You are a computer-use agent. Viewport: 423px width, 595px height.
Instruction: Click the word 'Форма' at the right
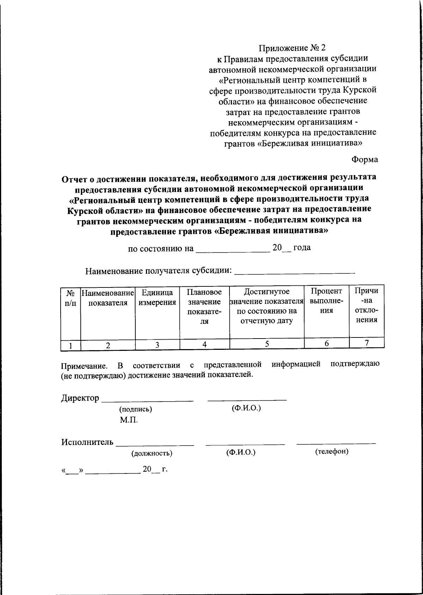pyautogui.click(x=364, y=159)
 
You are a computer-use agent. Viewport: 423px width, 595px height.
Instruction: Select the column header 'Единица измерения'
pyautogui.click(x=157, y=297)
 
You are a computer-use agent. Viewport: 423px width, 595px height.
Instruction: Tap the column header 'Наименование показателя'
pyautogui.click(x=108, y=297)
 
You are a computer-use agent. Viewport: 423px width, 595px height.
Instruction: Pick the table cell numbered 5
pyautogui.click(x=267, y=344)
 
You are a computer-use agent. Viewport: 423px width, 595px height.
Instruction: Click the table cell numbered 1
pyautogui.click(x=70, y=346)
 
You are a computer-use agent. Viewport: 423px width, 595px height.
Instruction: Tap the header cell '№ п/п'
pyautogui.click(x=70, y=297)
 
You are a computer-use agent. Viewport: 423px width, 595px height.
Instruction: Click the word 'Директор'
pyautogui.click(x=80, y=398)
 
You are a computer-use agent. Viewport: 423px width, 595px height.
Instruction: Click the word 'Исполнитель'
pyautogui.click(x=87, y=442)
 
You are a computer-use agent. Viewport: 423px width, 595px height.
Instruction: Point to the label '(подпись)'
pyautogui.click(x=136, y=409)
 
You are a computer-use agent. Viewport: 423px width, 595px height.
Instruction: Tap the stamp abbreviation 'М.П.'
pyautogui.click(x=128, y=420)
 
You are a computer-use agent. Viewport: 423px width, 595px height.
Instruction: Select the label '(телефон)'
pyautogui.click(x=331, y=451)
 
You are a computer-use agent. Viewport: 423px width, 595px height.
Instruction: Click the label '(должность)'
pyautogui.click(x=152, y=453)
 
